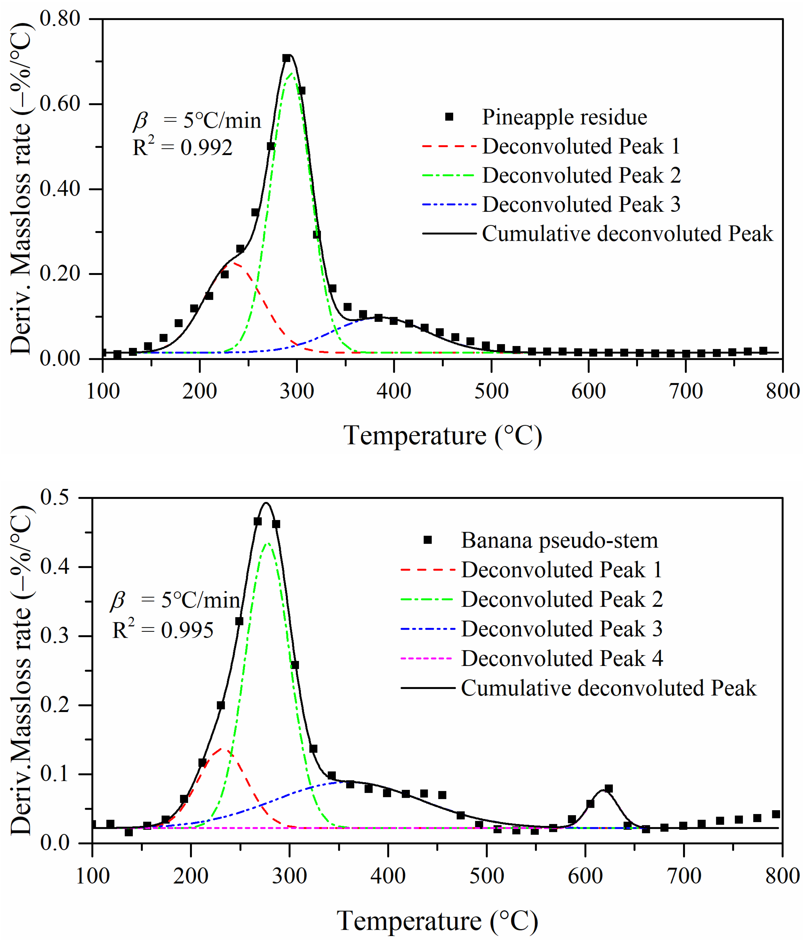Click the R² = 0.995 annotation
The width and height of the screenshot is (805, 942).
tap(163, 630)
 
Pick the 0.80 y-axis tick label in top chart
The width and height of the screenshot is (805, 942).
tap(60, 19)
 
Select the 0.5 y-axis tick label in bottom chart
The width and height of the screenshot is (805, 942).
tap(54, 497)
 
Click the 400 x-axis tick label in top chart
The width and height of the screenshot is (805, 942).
tap(394, 391)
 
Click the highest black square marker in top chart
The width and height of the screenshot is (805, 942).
tap(286, 58)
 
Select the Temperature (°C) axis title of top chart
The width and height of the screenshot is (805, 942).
tap(442, 435)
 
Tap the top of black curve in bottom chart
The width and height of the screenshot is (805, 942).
tap(266, 503)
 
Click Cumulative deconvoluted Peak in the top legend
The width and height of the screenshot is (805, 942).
tap(627, 234)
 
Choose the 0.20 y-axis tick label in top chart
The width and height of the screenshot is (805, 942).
tap(60, 274)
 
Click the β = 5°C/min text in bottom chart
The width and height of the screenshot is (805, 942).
tap(175, 600)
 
